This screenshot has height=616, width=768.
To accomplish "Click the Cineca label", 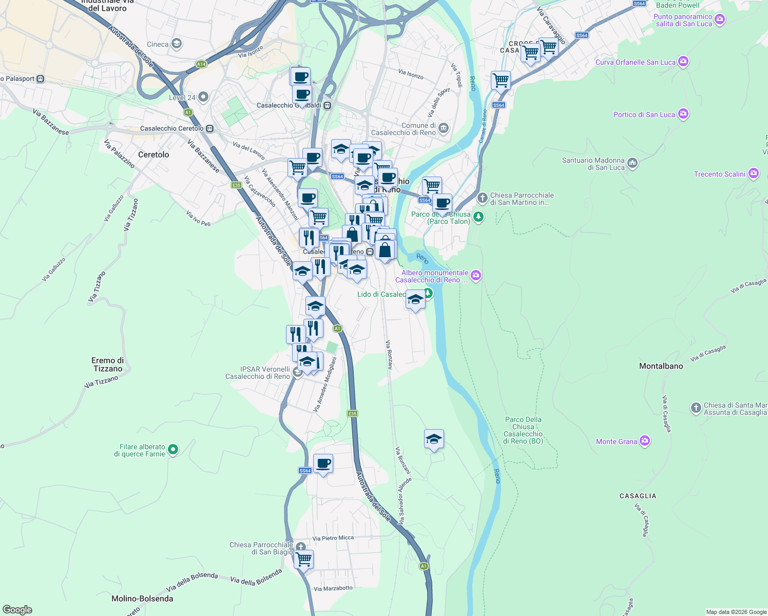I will tap(158, 44).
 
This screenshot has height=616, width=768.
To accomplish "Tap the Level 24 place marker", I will tap(203, 97).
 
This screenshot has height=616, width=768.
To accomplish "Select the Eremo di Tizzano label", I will tap(108, 364).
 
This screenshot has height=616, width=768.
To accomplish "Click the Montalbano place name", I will tap(661, 366).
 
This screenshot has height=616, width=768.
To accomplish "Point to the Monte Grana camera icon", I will tap(645, 441).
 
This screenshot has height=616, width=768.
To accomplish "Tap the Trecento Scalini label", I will tap(719, 174).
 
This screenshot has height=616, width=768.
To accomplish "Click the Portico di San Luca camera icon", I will tap(683, 114).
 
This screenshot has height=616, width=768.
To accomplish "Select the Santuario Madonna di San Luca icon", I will tap(632, 163).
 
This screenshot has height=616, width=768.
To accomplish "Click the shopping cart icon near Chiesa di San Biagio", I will tap(304, 559).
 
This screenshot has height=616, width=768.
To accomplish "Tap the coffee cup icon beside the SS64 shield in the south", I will tap(323, 464).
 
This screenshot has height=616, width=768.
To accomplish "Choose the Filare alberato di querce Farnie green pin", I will tap(173, 450).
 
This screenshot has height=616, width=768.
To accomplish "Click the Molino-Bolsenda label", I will tap(142, 599).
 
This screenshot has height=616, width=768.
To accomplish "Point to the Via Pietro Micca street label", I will tap(333, 538).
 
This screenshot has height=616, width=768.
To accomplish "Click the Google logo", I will tap(17, 610).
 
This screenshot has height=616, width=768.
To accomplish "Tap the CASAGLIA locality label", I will tap(638, 496).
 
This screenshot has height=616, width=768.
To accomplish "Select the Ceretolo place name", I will tap(153, 155).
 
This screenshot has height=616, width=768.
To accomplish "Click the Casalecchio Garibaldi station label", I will tap(289, 105).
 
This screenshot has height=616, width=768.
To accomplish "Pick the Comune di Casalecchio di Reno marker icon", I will tap(444, 128).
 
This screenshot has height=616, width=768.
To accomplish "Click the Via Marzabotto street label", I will tap(333, 588).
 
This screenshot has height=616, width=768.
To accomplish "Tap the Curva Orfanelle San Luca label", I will tap(636, 62).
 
